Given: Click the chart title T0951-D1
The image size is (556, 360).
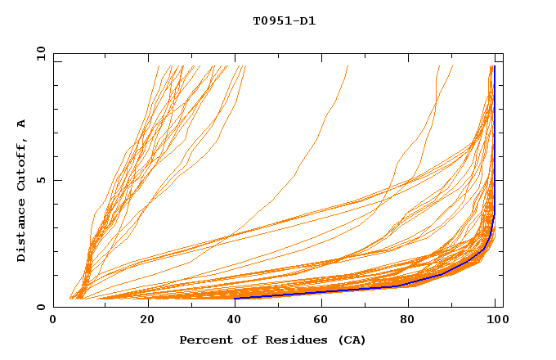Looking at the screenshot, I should [x=285, y=21].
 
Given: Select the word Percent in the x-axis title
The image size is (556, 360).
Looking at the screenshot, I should [x=204, y=340].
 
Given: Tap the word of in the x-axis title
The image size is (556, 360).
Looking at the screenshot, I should [x=246, y=340].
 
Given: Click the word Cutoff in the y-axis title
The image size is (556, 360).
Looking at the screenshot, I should [x=22, y=163].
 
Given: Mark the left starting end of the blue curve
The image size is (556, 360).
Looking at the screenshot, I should [x=235, y=298].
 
